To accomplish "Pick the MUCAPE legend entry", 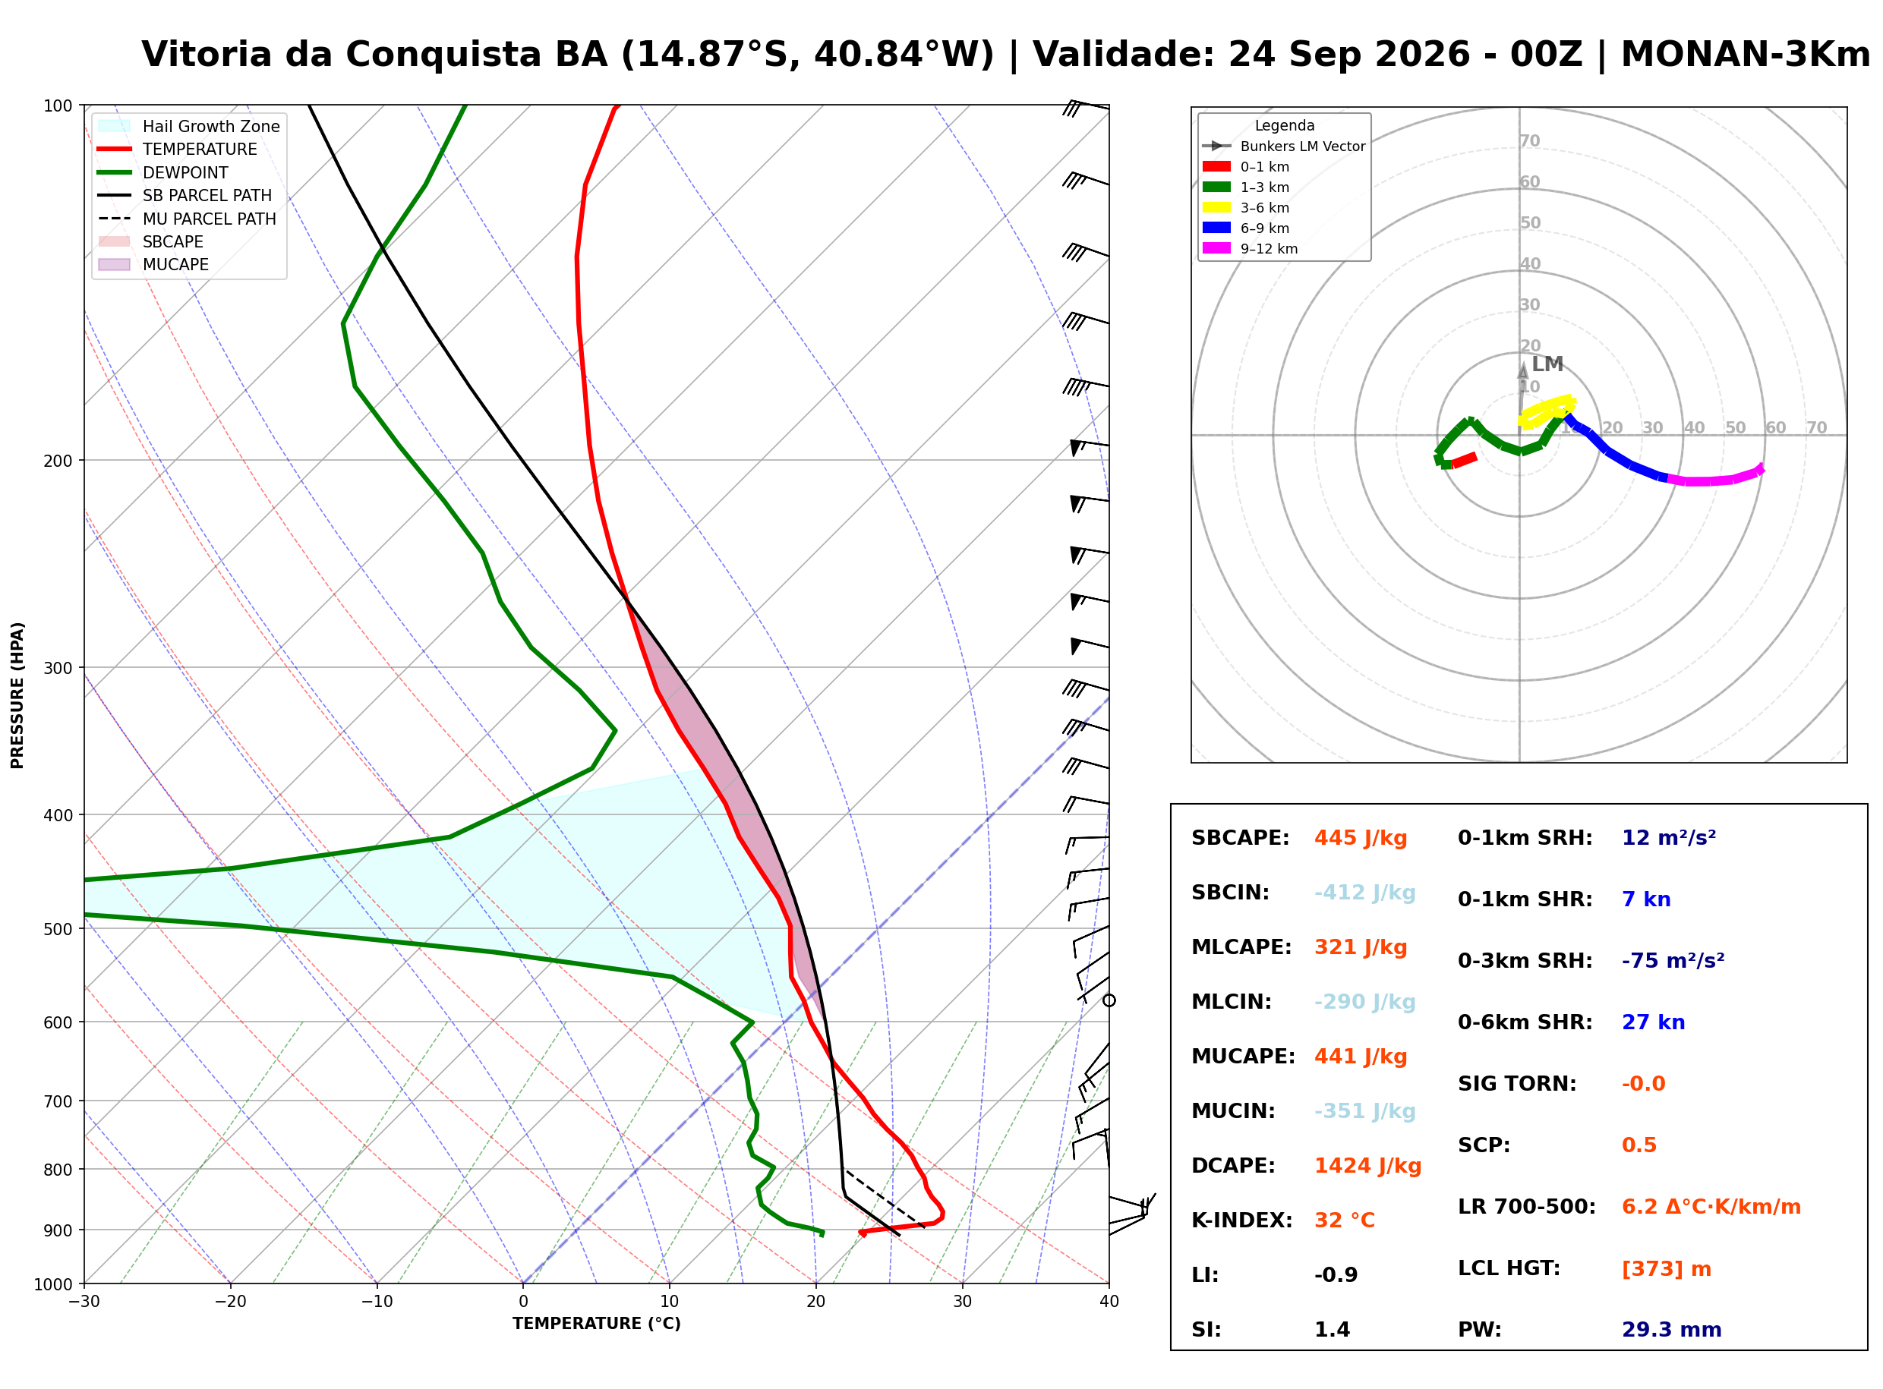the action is [x=154, y=265].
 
